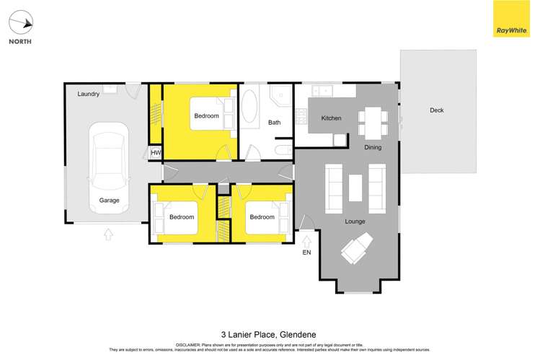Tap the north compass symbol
[x=21, y=23]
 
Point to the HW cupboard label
[x=156, y=153]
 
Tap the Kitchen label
[x=331, y=118]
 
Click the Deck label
[x=436, y=110]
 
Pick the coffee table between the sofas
[x=355, y=188]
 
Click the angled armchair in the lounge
[x=357, y=252]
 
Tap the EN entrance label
[x=307, y=252]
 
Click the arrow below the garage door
[x=108, y=233]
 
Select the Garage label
[x=109, y=201]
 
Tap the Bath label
[x=274, y=123]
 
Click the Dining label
[x=373, y=147]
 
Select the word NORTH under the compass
[x=20, y=41]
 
